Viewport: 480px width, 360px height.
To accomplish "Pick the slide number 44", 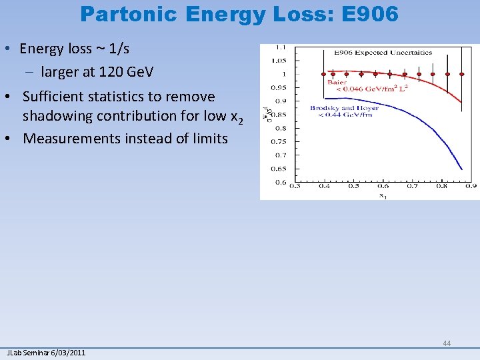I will [x=447, y=343].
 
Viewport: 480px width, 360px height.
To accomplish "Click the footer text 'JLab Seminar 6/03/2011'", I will [x=46, y=353].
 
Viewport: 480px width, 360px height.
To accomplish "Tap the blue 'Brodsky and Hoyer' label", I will [x=344, y=108].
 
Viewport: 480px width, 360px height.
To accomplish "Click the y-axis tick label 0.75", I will [x=279, y=141].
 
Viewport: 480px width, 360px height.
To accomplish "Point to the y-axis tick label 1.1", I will [x=282, y=47].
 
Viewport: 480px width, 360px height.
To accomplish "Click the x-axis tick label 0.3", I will [x=294, y=187].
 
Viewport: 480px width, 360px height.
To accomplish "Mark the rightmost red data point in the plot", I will [x=462, y=73].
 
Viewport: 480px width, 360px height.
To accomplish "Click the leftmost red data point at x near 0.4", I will [x=324, y=73].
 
